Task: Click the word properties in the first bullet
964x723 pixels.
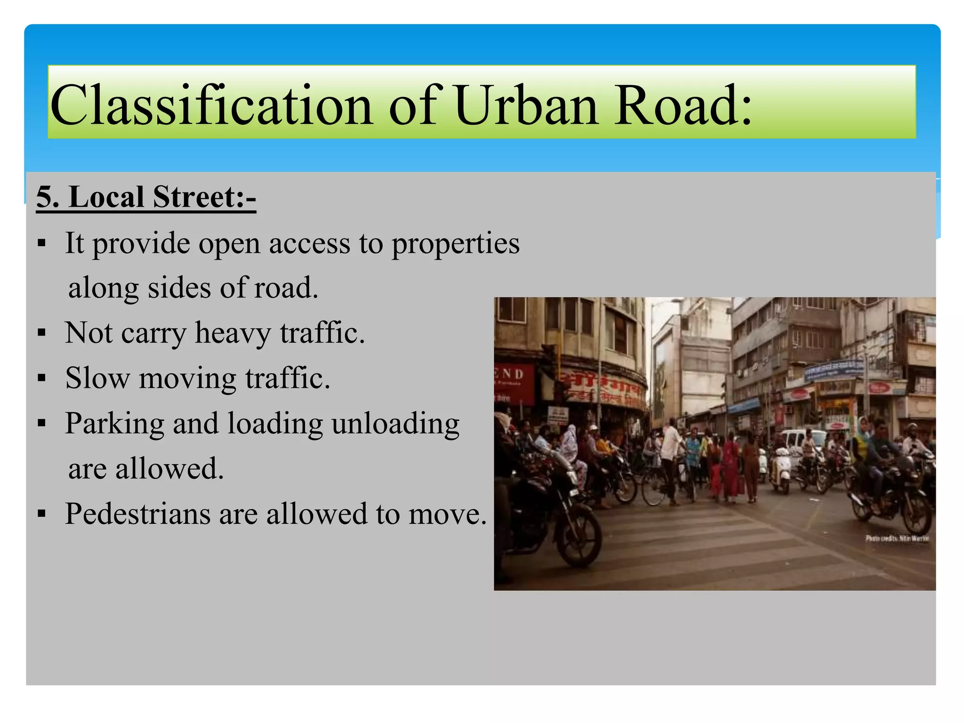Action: [456, 244]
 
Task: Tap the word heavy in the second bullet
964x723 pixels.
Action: [233, 333]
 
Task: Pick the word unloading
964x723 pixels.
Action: [395, 424]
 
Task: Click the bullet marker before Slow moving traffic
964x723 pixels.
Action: [42, 378]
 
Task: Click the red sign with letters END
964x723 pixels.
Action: [513, 381]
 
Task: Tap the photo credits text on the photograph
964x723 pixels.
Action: [897, 538]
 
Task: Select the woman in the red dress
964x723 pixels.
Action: [730, 471]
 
